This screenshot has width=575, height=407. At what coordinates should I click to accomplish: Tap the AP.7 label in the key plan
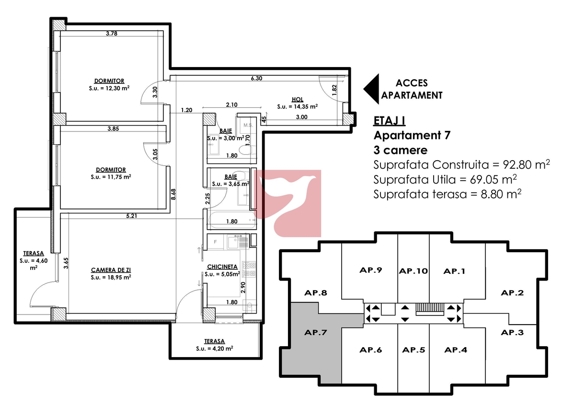coord(315,333)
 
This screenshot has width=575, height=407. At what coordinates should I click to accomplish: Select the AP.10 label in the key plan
coord(413,271)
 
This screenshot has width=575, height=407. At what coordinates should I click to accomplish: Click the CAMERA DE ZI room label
coord(111,270)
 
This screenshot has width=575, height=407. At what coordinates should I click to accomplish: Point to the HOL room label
coord(297,99)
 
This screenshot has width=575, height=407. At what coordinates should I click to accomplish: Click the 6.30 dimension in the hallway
coord(256,78)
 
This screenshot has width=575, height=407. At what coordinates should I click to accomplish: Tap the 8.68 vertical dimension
coord(173,194)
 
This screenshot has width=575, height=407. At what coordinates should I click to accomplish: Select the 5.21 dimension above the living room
coord(131,216)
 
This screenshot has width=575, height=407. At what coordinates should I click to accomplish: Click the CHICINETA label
coord(222,267)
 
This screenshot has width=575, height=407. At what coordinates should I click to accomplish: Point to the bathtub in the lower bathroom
coord(232,220)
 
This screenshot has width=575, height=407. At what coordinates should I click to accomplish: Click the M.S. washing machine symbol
coord(248,125)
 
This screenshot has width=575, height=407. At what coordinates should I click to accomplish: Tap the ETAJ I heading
coord(390,121)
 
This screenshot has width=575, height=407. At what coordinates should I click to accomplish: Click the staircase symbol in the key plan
coord(430,309)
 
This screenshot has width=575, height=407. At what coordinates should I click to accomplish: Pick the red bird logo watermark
coord(287,203)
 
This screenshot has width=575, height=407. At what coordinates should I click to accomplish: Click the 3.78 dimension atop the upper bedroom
coord(112,34)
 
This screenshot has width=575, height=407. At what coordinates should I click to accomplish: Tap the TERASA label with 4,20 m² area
coord(215,341)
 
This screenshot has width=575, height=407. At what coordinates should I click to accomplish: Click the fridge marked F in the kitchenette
coord(215,242)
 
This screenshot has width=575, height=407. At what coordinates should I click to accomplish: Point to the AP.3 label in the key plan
coord(512,333)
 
